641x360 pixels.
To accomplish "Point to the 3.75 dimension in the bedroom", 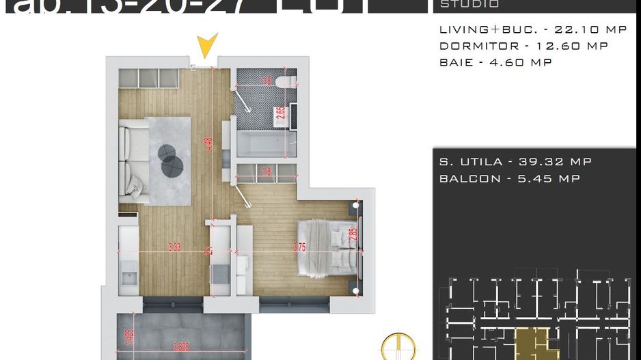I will point(299,248).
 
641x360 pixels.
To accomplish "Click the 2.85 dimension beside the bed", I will point(353,234).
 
